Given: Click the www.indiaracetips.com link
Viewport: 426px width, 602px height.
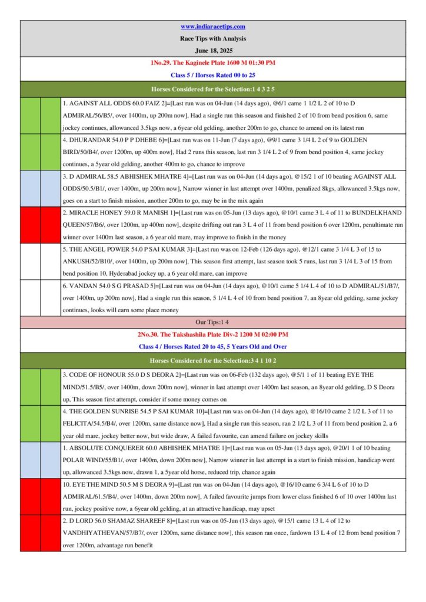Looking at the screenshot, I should tap(212, 26).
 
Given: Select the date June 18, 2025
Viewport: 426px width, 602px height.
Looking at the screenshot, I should tap(212, 50).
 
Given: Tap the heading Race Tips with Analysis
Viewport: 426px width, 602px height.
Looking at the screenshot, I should tap(212, 38).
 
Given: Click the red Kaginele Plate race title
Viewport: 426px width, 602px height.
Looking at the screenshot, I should tap(212, 62).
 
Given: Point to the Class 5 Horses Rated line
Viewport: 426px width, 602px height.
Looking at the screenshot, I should tap(212, 75).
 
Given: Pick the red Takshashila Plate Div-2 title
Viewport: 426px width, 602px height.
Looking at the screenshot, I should tap(212, 334).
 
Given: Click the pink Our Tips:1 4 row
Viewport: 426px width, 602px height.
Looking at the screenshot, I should tap(212, 322).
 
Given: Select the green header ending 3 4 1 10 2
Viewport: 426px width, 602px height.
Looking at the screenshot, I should tap(212, 359).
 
